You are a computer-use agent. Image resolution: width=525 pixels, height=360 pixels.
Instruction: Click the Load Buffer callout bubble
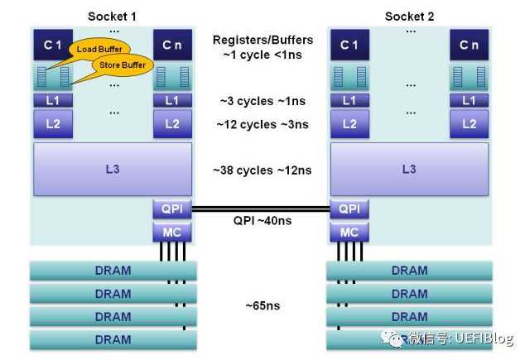[x=94, y=50]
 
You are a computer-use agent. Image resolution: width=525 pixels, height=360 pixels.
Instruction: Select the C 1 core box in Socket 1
[x=52, y=45]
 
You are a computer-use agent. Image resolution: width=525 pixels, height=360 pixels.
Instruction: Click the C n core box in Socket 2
[x=470, y=45]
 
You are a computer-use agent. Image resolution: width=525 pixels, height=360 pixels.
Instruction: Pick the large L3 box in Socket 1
[x=112, y=170]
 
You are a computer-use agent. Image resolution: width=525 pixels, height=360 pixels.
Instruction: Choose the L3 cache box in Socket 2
[x=409, y=170]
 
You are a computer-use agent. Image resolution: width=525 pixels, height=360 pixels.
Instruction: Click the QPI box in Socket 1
[x=171, y=209]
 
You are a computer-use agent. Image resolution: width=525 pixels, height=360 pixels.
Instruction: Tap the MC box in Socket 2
[x=350, y=233]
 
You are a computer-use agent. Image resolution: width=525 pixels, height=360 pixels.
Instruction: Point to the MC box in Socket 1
[x=171, y=233]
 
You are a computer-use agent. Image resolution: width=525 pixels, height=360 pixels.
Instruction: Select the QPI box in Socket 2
[x=350, y=209]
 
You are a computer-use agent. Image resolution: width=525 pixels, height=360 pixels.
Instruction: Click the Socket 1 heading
[x=112, y=16]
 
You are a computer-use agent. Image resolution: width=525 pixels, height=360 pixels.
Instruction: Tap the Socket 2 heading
[x=409, y=16]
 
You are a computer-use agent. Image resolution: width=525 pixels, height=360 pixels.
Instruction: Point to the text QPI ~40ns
[x=262, y=221]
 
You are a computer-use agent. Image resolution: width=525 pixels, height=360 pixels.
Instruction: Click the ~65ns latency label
[x=262, y=306]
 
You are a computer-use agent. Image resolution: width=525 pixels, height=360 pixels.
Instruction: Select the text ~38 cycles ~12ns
[x=262, y=170]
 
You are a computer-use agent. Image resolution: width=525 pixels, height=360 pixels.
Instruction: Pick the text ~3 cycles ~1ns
[x=262, y=101]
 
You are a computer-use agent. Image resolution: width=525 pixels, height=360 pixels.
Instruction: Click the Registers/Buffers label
[x=262, y=40]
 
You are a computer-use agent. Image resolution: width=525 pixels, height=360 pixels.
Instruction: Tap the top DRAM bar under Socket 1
[x=112, y=271]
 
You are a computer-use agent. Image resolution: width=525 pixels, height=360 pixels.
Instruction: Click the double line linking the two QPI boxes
[x=261, y=209]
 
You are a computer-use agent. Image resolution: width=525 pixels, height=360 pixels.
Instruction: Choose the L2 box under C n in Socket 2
[x=470, y=124]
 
